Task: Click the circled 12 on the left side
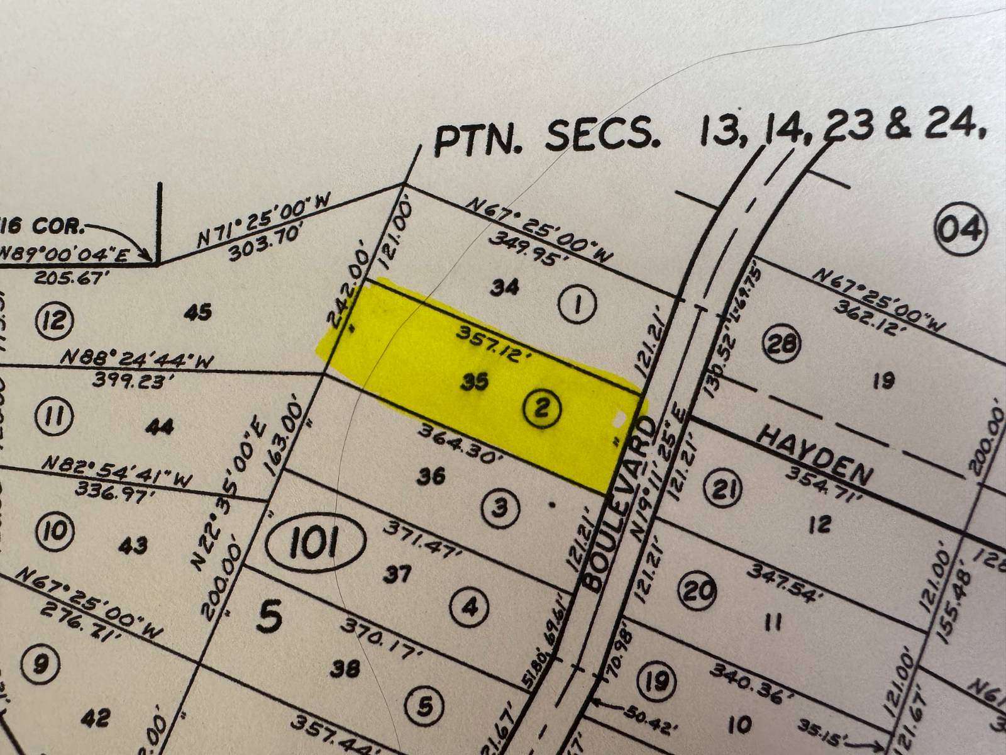(55, 322)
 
